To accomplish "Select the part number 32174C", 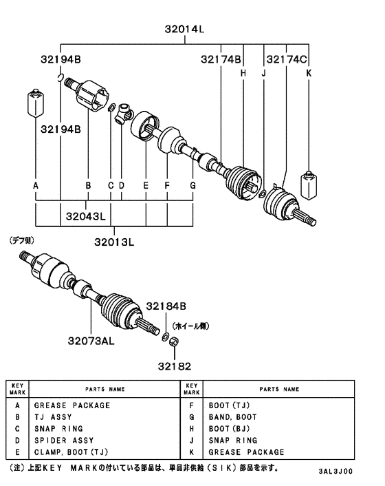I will [x=287, y=60].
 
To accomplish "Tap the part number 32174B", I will [x=221, y=60].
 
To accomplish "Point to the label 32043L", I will [x=86, y=217].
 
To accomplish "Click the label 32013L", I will [x=114, y=242].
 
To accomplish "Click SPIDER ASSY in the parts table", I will [x=63, y=440].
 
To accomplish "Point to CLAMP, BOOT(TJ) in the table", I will [x=71, y=452].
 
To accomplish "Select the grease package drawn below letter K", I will [x=308, y=184].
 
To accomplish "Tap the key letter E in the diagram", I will [x=146, y=186].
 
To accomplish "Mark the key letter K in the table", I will [x=192, y=452].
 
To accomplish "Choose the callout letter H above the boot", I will [x=243, y=73].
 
